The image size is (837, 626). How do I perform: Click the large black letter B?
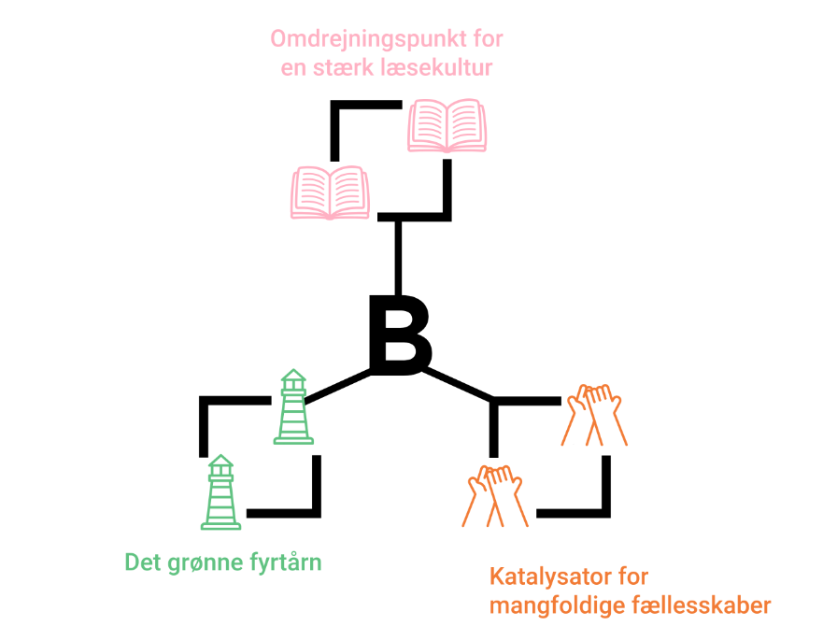(399, 334)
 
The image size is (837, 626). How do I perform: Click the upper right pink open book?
(447, 126)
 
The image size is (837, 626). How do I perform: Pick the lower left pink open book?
(331, 192)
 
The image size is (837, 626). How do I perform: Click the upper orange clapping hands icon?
(591, 413)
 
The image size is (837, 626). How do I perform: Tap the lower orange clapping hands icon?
(495, 495)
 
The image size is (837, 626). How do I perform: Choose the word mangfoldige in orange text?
(554, 605)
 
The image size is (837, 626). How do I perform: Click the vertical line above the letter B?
(399, 257)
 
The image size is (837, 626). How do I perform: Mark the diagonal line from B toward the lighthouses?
(341, 386)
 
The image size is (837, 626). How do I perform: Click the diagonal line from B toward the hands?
(459, 386)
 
